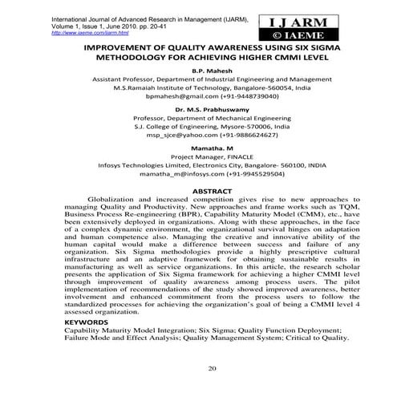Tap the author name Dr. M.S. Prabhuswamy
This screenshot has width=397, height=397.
203,106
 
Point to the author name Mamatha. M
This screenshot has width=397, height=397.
204,149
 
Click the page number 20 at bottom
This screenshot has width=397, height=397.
213,368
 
